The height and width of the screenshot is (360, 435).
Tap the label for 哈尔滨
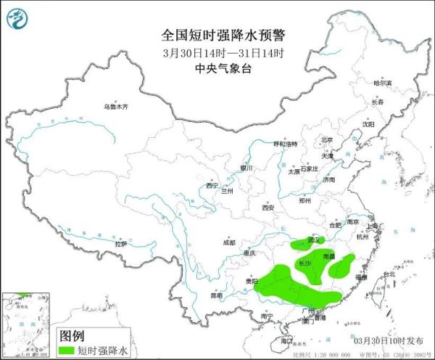pyautogui.click(x=381, y=83)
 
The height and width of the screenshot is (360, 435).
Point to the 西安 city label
pyautogui.click(x=268, y=208)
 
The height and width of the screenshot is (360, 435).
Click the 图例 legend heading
pyautogui.click(x=71, y=336)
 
